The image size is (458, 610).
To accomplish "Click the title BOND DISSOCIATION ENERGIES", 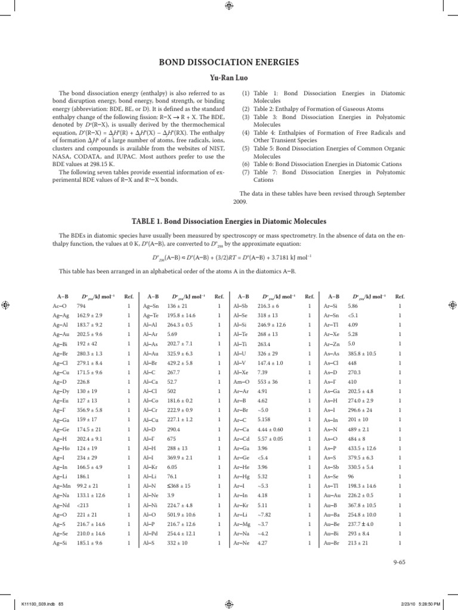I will pos(228,62).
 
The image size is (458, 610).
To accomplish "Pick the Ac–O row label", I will pos(60,306).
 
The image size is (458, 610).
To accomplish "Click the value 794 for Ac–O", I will pos(82,306).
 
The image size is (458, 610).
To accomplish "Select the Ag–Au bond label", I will pos(60,335).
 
